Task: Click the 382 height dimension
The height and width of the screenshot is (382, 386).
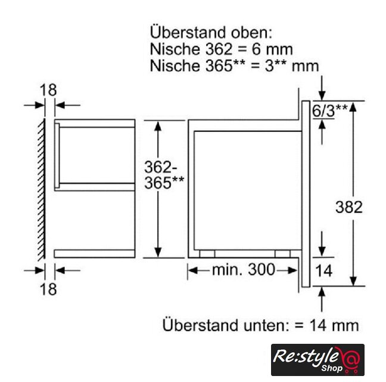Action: click(349, 207)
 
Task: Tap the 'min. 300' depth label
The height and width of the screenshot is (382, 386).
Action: click(243, 270)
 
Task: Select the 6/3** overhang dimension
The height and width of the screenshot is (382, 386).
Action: click(330, 110)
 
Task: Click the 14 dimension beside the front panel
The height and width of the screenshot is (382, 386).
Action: click(323, 270)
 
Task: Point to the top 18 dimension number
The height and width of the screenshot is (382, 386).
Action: click(48, 90)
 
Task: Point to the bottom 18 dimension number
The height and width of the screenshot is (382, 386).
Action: click(48, 289)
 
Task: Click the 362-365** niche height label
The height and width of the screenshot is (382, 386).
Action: click(164, 175)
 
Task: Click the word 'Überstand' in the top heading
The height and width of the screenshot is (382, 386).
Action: click(188, 33)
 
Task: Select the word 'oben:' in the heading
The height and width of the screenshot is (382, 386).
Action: click(251, 33)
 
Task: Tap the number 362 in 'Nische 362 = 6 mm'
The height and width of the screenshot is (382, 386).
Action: click(219, 50)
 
